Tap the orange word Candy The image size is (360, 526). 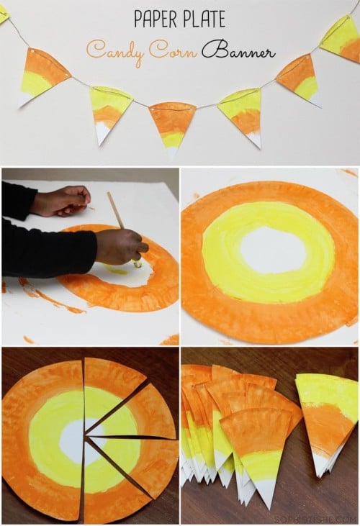tap(114, 53)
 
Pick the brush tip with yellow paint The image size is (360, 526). tap(138, 265)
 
